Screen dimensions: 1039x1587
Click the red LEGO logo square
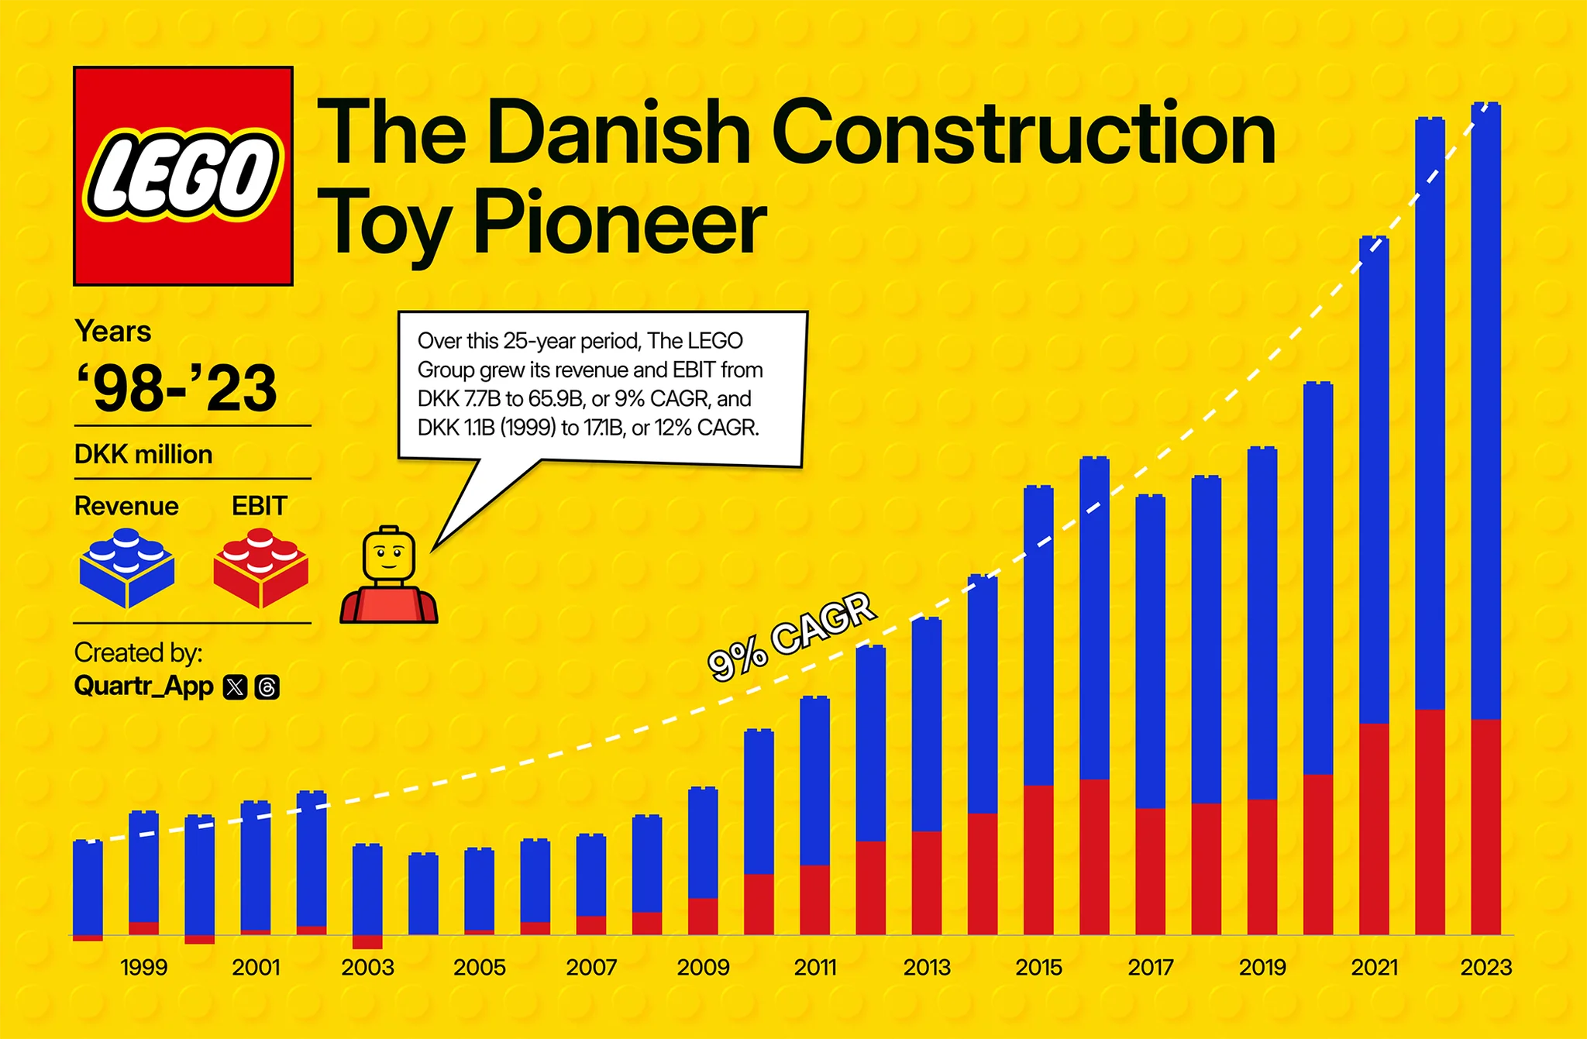[x=183, y=176]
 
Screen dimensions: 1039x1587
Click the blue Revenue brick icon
[x=126, y=568]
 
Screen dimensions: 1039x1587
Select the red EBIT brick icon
[x=260, y=568]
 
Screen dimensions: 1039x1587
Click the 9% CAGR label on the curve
[x=791, y=637]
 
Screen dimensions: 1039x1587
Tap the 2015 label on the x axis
[x=1038, y=968]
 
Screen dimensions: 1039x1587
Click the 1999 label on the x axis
[x=144, y=968]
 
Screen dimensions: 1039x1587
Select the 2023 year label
[x=1485, y=968]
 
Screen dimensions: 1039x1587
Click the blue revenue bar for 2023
[x=1485, y=411]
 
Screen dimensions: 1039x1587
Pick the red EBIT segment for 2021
[x=1374, y=829]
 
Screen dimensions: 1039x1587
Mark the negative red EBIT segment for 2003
[x=367, y=942]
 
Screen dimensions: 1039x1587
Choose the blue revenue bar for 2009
[x=703, y=843]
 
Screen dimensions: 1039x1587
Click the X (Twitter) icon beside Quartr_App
[x=235, y=687]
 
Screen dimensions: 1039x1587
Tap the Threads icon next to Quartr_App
[x=267, y=687]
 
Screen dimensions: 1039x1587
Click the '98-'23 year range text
[x=177, y=388]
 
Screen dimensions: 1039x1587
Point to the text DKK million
[x=143, y=454]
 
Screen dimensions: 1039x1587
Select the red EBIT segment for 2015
[x=1038, y=860]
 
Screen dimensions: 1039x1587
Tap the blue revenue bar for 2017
[x=1150, y=651]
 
